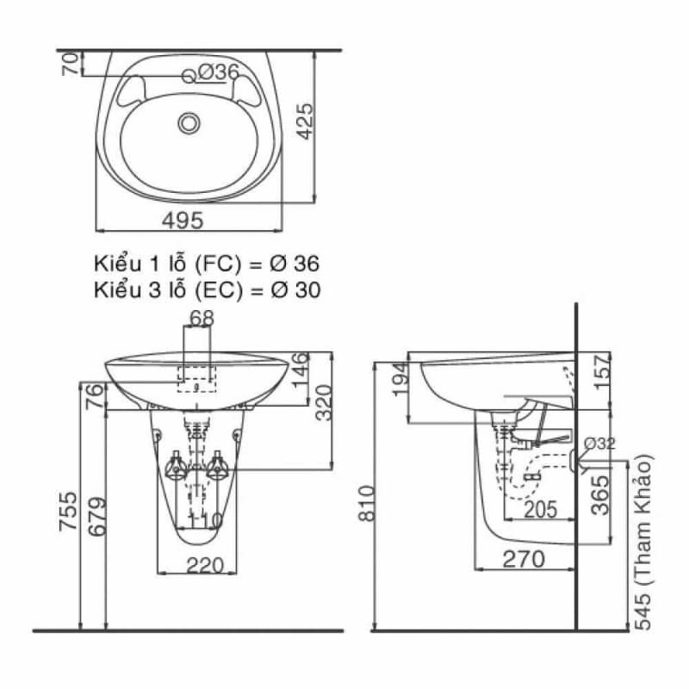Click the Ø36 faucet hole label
tap(217, 73)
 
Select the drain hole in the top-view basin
tap(189, 123)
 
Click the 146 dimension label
tap(298, 370)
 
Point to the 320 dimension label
tap(323, 402)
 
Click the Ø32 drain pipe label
tap(599, 444)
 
